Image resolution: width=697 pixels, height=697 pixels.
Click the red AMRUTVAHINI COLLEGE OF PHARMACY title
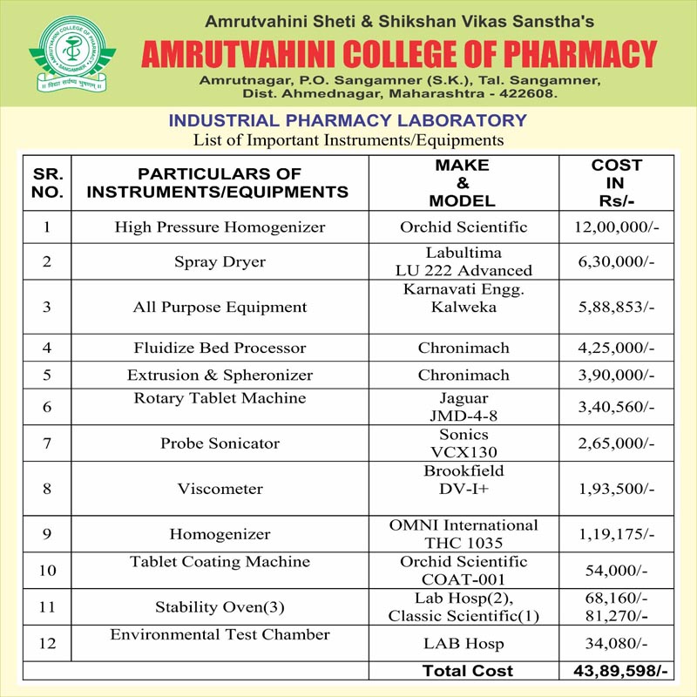coord(399,54)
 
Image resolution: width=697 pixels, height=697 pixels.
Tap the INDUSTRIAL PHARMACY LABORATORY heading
coord(348,120)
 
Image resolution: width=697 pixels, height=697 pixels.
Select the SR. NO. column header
coord(47,182)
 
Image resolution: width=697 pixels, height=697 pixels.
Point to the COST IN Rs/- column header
coord(616,182)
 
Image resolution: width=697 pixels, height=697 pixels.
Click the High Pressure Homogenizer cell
coord(220,227)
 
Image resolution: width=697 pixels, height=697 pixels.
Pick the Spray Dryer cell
coord(220,261)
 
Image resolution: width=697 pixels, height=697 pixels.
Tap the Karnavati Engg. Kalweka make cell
coord(464,298)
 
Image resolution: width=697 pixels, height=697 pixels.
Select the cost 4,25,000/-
coord(616,348)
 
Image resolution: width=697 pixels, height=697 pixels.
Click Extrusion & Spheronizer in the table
coord(220,376)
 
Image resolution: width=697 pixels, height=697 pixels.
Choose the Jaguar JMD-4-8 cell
coord(464,408)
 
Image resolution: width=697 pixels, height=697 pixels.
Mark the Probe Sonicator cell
coord(220,443)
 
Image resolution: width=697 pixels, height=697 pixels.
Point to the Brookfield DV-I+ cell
coord(464,480)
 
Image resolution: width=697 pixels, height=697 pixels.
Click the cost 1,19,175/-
coord(616,534)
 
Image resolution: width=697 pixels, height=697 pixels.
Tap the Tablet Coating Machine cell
coord(220,563)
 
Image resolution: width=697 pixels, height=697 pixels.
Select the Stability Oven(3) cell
coord(220,607)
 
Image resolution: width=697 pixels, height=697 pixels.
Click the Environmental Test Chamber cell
coord(220,635)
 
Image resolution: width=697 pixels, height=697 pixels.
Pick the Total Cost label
coord(467,671)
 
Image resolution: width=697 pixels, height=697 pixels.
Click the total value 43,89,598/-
coord(616,671)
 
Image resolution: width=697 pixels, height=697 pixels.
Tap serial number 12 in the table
coord(47,645)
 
